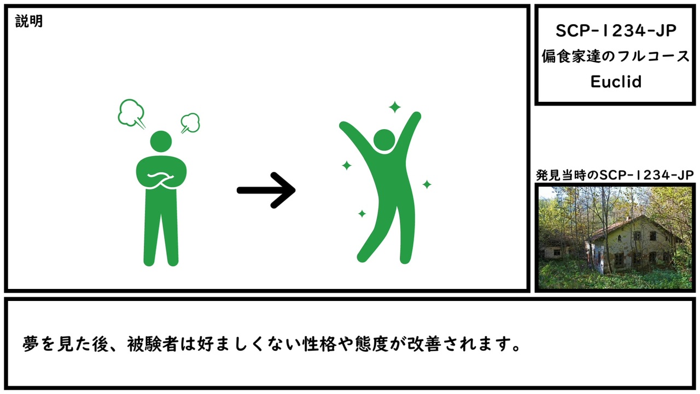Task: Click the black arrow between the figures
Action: [266, 190]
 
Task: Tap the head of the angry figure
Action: [161, 141]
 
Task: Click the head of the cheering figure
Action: [384, 140]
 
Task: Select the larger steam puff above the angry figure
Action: [132, 113]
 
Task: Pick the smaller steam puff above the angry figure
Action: [190, 123]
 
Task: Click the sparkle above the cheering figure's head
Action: [395, 107]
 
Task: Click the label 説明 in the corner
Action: [29, 21]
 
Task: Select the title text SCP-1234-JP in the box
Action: [616, 31]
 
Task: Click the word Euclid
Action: [616, 82]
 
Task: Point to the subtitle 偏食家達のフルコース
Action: [616, 56]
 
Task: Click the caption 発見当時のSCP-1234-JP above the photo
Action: [615, 175]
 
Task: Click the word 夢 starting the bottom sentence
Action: [31, 344]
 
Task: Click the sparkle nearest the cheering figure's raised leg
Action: [362, 213]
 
